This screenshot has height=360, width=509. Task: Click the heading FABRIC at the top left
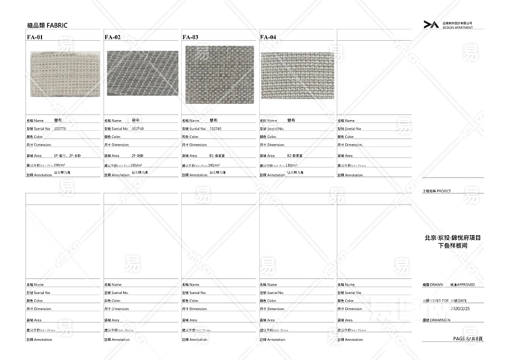tap(47, 25)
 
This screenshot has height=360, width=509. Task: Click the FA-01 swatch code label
tap(35, 37)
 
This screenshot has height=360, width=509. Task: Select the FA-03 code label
tap(190, 37)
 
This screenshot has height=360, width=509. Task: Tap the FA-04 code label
tap(268, 37)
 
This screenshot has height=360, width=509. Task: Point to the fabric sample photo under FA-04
tap(298, 75)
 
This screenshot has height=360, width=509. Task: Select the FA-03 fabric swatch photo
tap(220, 74)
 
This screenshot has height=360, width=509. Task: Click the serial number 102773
tap(60, 128)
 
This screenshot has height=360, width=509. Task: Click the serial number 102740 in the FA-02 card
tap(137, 128)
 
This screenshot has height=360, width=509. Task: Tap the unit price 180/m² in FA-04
tap(292, 165)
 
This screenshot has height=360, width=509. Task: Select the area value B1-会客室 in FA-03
tap(217, 155)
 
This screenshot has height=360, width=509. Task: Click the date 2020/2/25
tap(459, 308)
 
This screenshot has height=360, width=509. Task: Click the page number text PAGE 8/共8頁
tap(468, 339)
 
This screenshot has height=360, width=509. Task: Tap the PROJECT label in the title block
tap(444, 191)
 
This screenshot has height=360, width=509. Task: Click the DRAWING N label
tap(436, 321)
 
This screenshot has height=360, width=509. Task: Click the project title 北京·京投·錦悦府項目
tap(453, 238)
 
